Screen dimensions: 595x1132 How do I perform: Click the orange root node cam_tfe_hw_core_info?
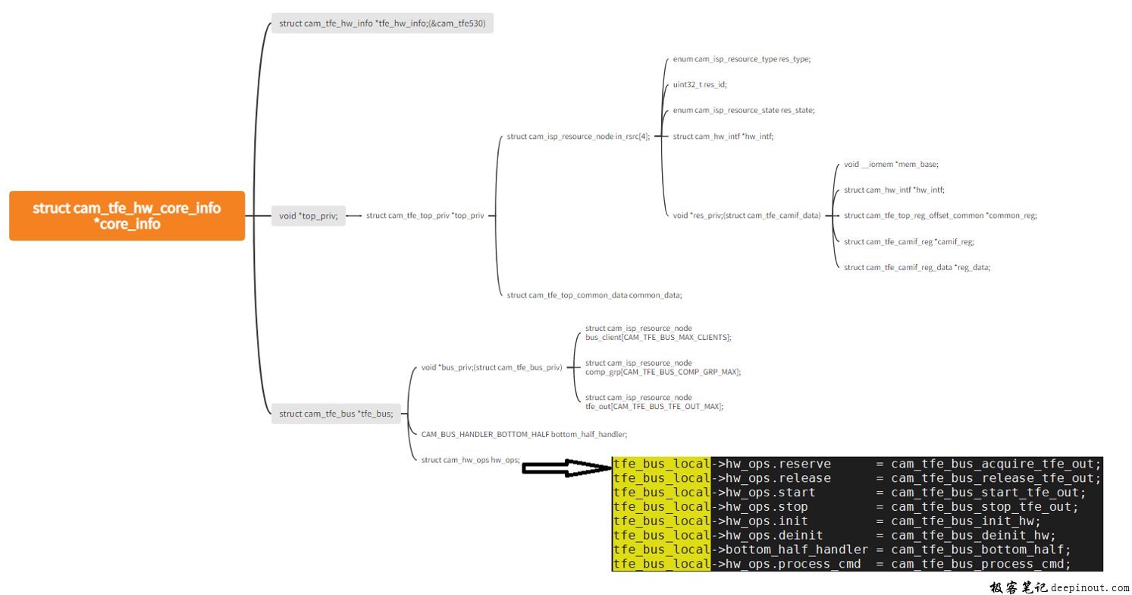coord(127,216)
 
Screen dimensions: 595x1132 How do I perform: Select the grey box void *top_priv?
coord(308,216)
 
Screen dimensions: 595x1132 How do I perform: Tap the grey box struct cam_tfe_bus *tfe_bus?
coord(336,414)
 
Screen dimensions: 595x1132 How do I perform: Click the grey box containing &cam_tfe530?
coord(382,24)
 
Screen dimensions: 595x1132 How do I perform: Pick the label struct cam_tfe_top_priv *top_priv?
coord(425,216)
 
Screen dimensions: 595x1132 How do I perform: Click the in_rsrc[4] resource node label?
coord(578,137)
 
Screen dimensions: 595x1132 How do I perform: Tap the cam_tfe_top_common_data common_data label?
coord(594,295)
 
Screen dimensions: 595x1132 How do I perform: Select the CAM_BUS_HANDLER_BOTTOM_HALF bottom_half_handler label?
coord(524,434)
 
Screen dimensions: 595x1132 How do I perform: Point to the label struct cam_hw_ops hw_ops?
coord(470,460)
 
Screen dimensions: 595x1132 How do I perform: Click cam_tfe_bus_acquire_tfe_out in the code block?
coord(996,464)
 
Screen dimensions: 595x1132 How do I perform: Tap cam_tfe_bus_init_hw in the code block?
coord(966,521)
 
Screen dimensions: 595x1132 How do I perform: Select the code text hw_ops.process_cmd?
coord(793,564)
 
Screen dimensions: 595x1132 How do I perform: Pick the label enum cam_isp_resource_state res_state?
coord(743,110)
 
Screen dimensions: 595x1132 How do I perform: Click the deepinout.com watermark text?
coord(1089,587)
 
